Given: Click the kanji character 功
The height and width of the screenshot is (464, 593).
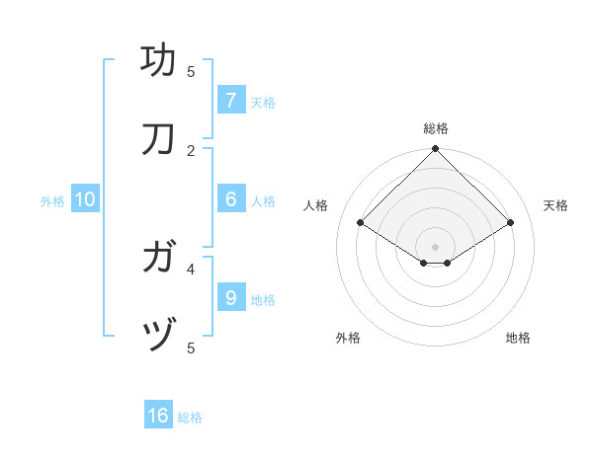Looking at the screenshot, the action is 159,60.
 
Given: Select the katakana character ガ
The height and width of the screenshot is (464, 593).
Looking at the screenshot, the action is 159,259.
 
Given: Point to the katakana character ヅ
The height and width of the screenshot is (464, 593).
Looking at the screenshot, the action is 159,338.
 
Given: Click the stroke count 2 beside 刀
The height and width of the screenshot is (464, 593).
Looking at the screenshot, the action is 191,150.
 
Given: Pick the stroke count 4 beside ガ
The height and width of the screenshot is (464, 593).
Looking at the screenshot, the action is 191,268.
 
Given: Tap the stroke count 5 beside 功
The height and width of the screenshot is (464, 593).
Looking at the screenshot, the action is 191,71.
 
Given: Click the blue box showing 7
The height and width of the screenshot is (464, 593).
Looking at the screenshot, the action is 230,100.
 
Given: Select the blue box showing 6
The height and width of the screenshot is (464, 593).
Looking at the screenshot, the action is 230,198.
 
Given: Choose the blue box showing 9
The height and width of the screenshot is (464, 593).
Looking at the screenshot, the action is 230,297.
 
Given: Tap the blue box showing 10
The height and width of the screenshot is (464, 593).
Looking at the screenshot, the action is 85,199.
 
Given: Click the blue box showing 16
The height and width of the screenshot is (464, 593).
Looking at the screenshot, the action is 158,416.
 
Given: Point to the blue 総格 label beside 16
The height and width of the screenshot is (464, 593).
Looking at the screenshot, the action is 190,418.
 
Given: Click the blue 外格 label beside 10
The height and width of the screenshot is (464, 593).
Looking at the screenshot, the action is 52,201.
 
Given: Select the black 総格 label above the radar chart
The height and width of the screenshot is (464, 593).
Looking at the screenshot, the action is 436,128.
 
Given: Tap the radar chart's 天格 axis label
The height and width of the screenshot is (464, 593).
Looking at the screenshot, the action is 555,205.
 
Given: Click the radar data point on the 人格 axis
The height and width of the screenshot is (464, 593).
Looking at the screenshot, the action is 361,223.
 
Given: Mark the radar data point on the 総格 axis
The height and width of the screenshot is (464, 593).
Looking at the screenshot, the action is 436,150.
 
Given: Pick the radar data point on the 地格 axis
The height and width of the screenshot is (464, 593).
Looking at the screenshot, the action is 448,263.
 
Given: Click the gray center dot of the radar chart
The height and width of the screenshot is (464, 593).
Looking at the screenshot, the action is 436,246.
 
